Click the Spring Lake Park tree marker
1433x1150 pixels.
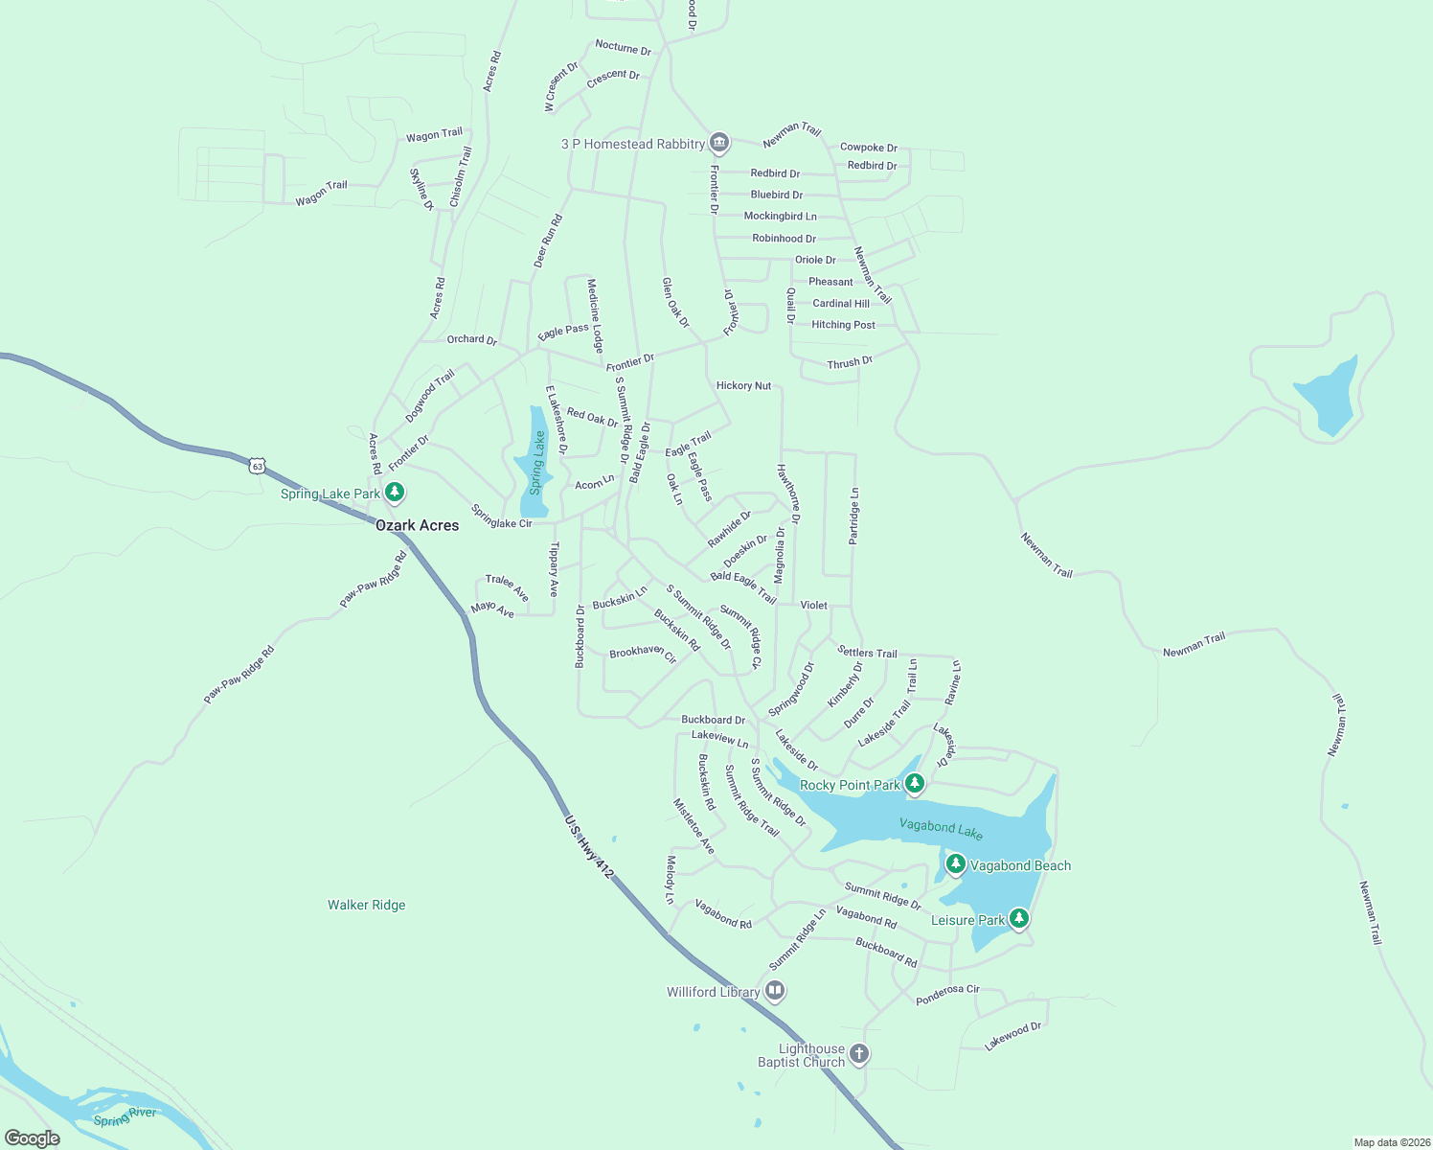coord(394,493)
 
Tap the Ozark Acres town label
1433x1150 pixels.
coord(417,525)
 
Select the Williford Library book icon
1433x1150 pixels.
coord(775,991)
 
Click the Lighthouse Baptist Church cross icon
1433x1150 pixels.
coord(859,1054)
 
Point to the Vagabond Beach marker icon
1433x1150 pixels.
coord(955,864)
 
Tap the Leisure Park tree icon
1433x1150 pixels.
coord(1019,919)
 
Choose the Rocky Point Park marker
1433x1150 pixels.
coord(915,784)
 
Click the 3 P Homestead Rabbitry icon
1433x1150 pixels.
coord(719,143)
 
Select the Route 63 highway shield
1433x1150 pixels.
coord(256,466)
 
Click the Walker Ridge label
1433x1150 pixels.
coord(366,905)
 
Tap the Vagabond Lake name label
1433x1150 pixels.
coord(941,829)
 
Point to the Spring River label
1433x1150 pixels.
coord(125,1116)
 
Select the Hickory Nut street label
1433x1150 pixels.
coord(743,385)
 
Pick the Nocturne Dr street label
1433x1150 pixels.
coord(623,47)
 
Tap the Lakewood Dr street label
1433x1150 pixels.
coord(1012,1036)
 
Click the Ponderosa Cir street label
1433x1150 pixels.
coord(947,994)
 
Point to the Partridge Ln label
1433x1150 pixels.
coord(853,517)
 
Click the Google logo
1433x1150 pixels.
coord(33,1138)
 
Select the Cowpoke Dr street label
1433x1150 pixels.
coord(868,148)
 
